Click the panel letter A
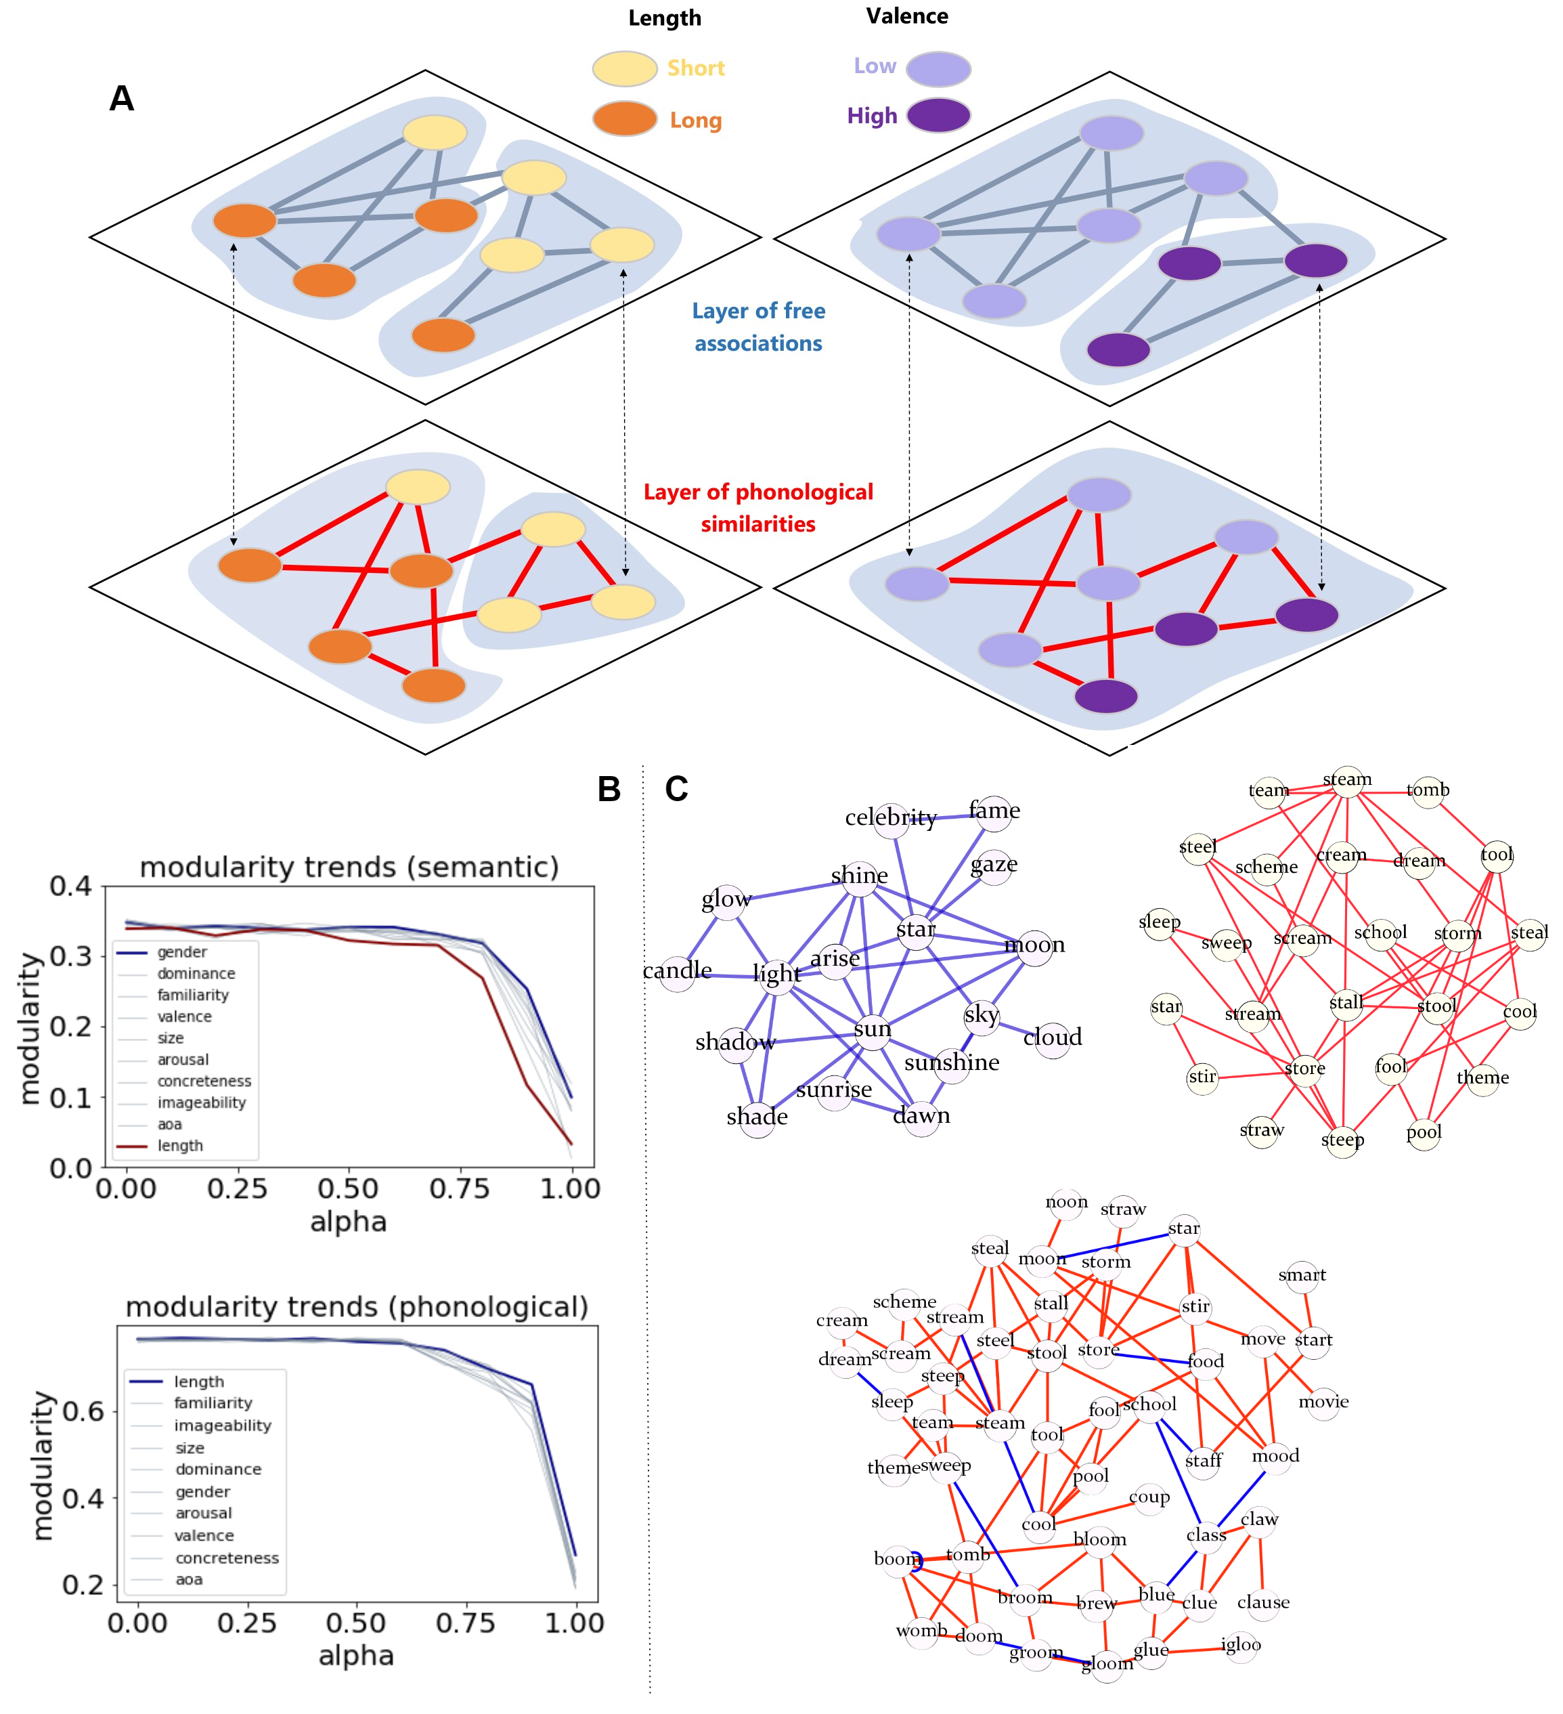[x=122, y=99]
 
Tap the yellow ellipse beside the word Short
[x=625, y=69]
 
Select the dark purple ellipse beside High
[x=938, y=116]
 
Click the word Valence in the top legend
[x=907, y=16]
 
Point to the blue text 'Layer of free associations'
[x=758, y=327]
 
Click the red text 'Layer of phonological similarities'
[x=758, y=508]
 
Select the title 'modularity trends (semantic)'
[x=349, y=867]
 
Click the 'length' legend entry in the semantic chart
[x=180, y=1146]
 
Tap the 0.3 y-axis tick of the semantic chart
[x=71, y=956]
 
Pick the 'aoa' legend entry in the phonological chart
[x=189, y=1580]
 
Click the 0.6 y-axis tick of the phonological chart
[x=84, y=1412]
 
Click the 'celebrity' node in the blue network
[x=891, y=818]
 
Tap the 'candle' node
[x=678, y=971]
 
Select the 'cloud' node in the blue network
[x=1052, y=1038]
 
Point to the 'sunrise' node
[x=834, y=1091]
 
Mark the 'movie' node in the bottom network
[x=1323, y=1402]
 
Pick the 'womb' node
[x=921, y=1631]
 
